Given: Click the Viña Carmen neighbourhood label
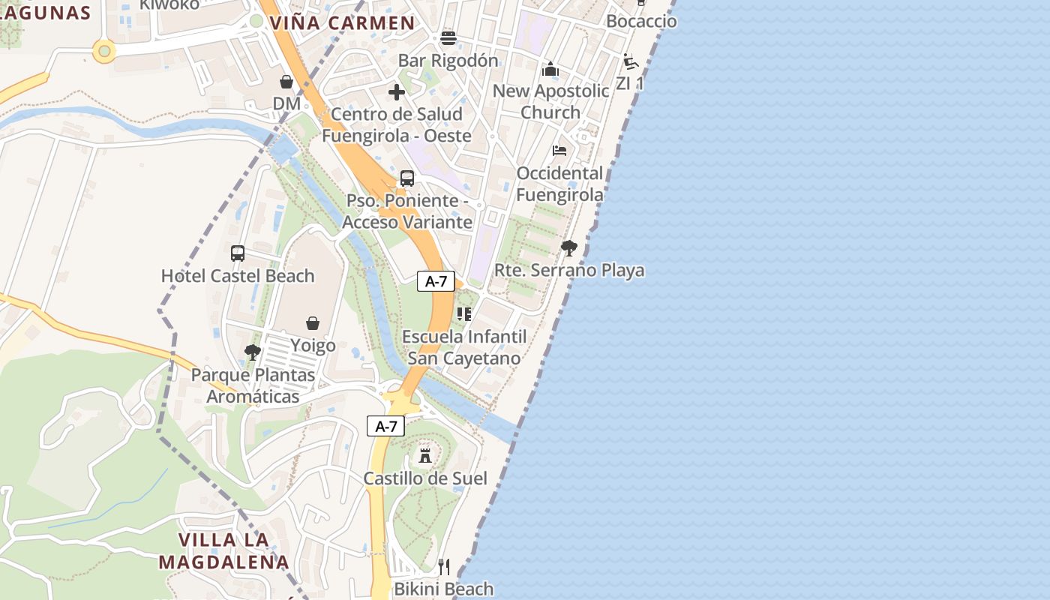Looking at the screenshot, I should (x=342, y=23).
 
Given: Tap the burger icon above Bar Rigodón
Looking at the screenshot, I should (x=448, y=38).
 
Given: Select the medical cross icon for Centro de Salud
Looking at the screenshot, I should (x=397, y=92).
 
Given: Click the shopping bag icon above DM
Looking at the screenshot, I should (x=286, y=82).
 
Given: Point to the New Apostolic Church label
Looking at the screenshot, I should (x=550, y=101).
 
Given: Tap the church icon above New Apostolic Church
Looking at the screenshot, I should (x=550, y=70).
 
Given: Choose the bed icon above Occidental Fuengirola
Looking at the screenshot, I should (x=559, y=150).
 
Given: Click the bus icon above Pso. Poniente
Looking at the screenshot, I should (x=407, y=178).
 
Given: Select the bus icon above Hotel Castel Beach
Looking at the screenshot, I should (x=238, y=253).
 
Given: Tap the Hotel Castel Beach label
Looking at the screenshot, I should (x=238, y=276).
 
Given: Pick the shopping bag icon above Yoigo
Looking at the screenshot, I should (x=313, y=323).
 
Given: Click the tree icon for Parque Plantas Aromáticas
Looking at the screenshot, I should (x=253, y=352).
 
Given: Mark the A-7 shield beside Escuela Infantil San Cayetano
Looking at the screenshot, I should (x=436, y=282).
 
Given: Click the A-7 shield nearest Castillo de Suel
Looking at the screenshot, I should (x=385, y=427).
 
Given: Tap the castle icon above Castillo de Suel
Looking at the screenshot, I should (x=425, y=456).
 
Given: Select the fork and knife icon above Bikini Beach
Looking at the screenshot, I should (x=444, y=567).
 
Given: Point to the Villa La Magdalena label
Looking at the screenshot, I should (x=223, y=550).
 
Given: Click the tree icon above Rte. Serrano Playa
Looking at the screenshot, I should (x=569, y=247).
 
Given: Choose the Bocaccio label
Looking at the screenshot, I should (x=641, y=21).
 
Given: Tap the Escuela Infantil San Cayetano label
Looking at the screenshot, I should (x=464, y=347).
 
